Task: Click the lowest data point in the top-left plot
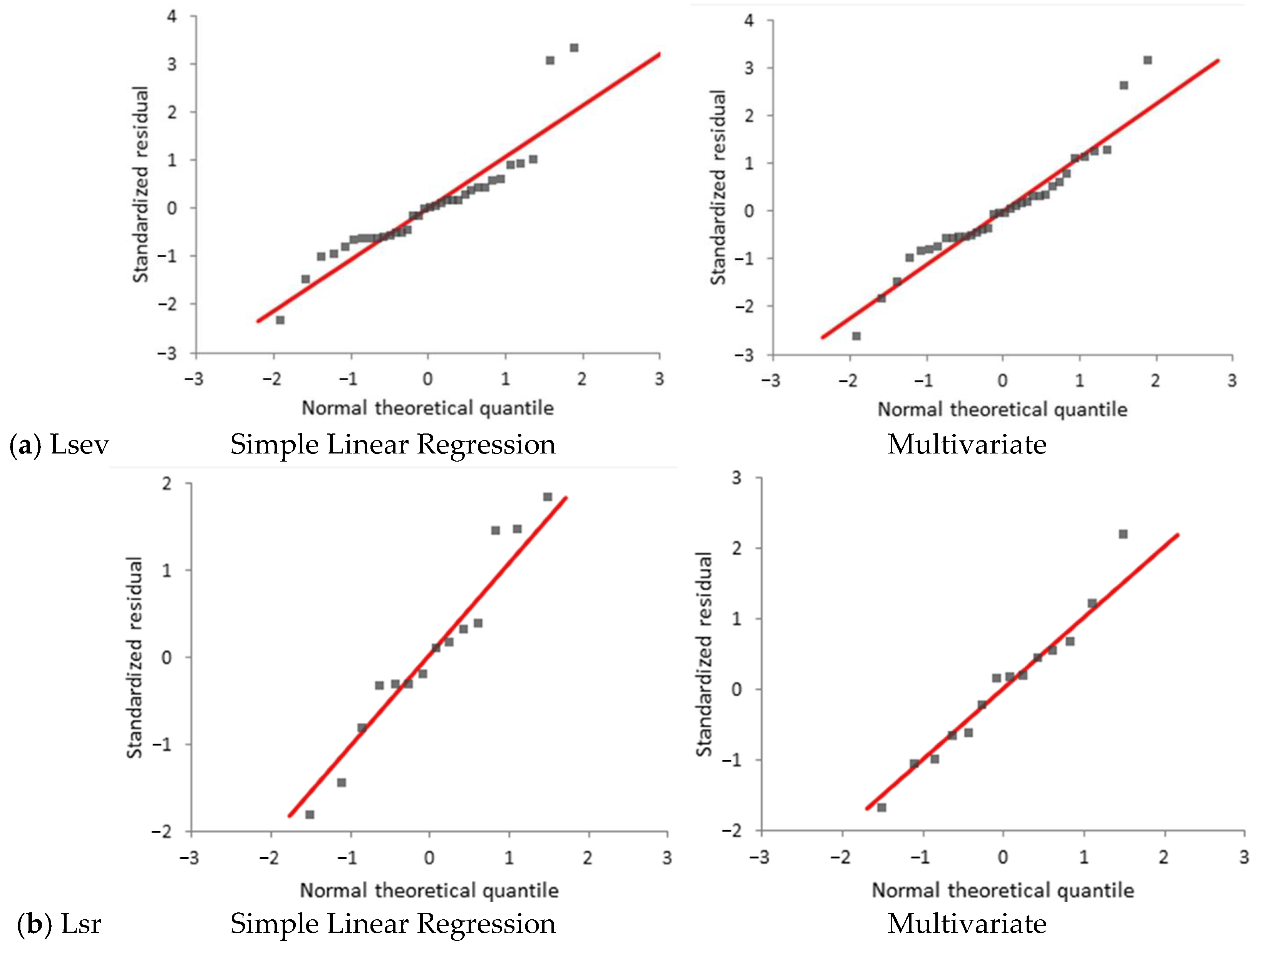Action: pos(280,320)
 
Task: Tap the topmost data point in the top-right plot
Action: pos(1147,60)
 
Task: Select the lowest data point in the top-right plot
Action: pos(856,336)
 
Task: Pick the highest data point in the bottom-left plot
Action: pos(547,497)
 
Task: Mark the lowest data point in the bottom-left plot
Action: pos(309,815)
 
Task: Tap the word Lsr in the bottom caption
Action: pos(81,924)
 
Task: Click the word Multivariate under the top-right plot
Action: pos(967,444)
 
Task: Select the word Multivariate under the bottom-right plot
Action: pos(967,924)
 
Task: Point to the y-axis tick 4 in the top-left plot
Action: pos(172,16)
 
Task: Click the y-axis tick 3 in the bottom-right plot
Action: pos(737,477)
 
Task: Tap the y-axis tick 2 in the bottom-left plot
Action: pos(166,484)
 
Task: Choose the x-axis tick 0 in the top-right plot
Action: pos(1002,381)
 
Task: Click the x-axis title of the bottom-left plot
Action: pos(429,890)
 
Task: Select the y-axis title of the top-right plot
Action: pos(718,187)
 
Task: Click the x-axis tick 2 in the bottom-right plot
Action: pos(1164,857)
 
